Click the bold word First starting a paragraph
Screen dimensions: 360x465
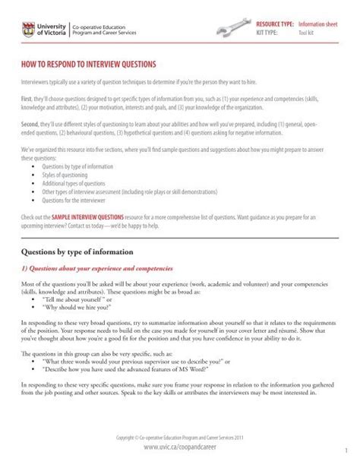click(x=27, y=100)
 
